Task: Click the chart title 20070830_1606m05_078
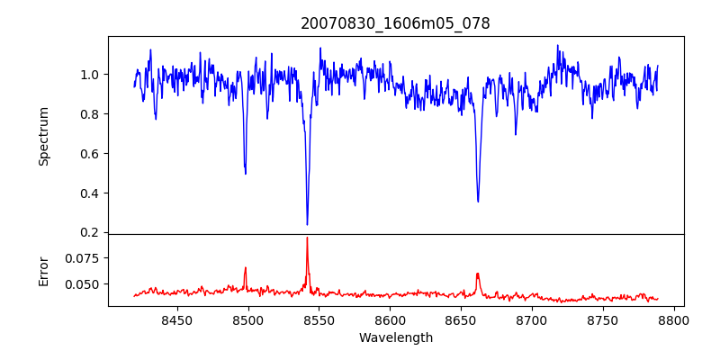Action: click(395, 24)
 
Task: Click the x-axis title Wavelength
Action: click(396, 338)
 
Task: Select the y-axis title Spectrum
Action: click(43, 137)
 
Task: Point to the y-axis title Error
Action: click(43, 272)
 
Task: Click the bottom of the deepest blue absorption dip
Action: click(307, 224)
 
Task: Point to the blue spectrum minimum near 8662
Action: click(478, 201)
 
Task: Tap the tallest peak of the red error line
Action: click(307, 238)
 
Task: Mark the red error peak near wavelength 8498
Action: click(245, 267)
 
